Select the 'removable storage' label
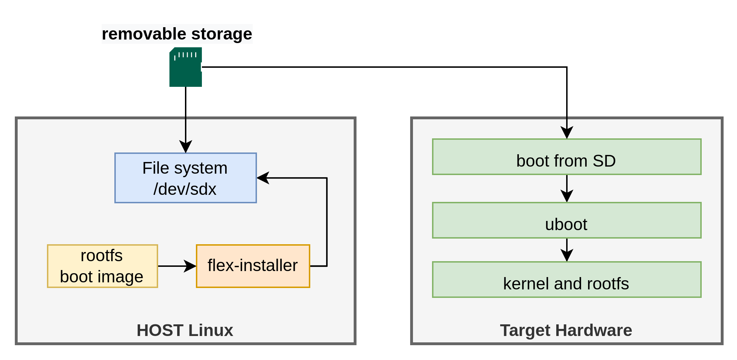[x=177, y=34]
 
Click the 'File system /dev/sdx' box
[x=186, y=178]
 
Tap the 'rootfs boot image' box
[x=102, y=266]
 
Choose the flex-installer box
[x=253, y=266]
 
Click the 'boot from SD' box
[x=567, y=157]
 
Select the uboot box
[x=567, y=220]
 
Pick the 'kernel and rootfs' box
[x=567, y=280]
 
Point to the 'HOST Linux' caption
[x=185, y=330]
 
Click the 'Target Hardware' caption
[x=566, y=330]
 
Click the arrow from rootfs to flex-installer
[x=176, y=266]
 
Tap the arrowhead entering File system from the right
[x=263, y=178]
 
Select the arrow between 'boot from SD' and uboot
[x=567, y=188]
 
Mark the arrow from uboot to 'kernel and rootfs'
[x=567, y=250]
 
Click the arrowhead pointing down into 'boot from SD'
[x=567, y=133]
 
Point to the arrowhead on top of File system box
[x=186, y=146]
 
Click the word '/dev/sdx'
[x=185, y=189]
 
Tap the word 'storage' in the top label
[x=222, y=34]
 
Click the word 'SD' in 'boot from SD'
[x=604, y=161]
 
